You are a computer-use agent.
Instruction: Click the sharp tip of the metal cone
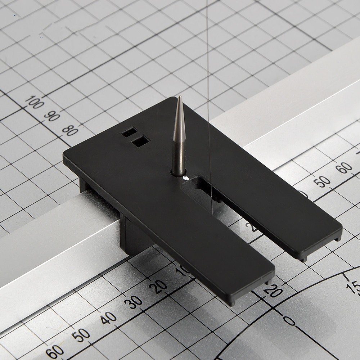(179, 97)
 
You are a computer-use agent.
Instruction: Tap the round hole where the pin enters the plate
(178, 174)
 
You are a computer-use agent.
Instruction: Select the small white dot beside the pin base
(186, 178)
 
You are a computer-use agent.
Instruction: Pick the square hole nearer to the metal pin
(140, 143)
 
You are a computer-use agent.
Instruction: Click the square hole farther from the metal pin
(129, 132)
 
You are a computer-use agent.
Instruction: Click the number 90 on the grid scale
(52, 116)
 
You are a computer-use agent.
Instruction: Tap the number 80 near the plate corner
(70, 130)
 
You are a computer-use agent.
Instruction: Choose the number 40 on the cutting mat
(108, 318)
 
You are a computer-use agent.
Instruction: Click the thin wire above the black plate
(208, 54)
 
